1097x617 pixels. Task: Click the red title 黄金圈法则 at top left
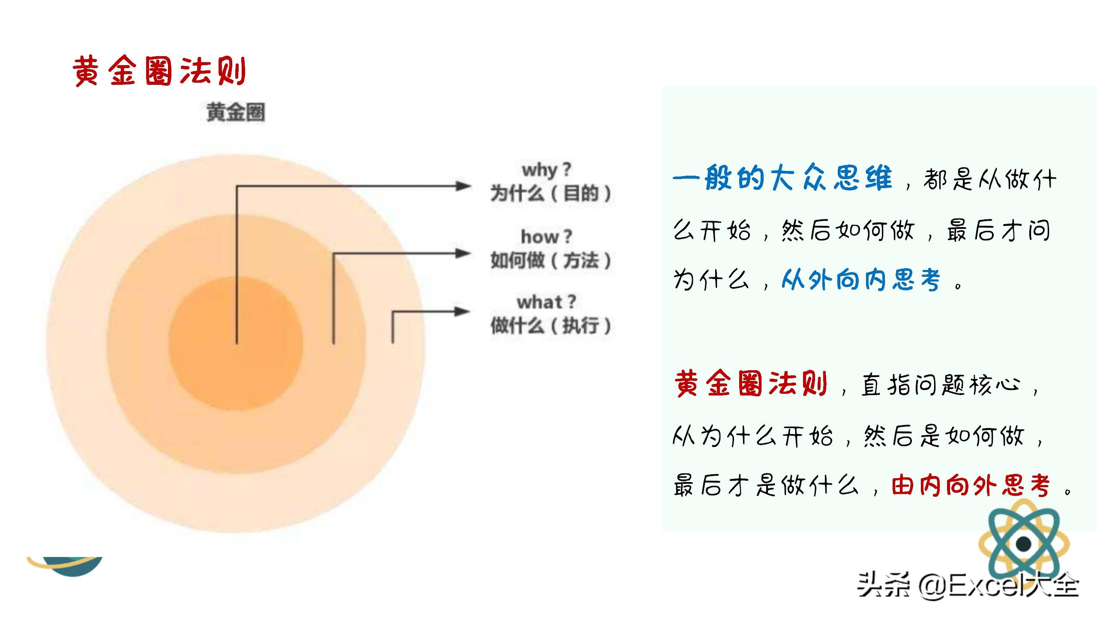click(x=159, y=71)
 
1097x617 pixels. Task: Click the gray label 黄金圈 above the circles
click(x=236, y=113)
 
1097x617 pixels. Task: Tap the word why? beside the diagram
click(x=547, y=170)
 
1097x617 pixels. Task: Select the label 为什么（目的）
click(x=551, y=194)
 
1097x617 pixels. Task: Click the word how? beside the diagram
click(x=546, y=237)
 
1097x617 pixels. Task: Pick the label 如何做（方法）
click(x=551, y=261)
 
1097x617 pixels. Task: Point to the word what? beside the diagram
click(x=546, y=302)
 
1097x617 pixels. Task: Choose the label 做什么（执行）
click(x=551, y=326)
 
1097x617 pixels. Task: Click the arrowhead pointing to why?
click(x=463, y=186)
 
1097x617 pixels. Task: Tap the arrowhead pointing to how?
click(x=463, y=253)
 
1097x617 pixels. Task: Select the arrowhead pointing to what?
click(x=463, y=311)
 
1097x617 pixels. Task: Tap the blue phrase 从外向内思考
click(x=861, y=280)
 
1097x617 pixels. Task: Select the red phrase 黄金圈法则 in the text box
click(x=751, y=383)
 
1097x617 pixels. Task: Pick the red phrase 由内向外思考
click(x=971, y=485)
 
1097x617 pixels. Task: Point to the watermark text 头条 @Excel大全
click(x=968, y=584)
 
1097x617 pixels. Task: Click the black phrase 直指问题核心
click(x=941, y=384)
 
